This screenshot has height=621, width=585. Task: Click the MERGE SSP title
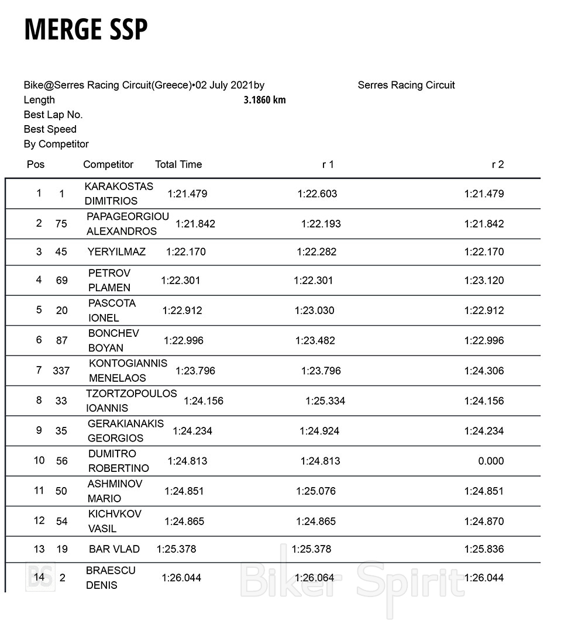pyautogui.click(x=85, y=30)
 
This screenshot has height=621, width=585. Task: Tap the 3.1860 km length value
pyautogui.click(x=264, y=100)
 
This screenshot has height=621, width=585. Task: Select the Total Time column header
pyautogui.click(x=178, y=165)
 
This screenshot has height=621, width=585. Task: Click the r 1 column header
pyautogui.click(x=328, y=165)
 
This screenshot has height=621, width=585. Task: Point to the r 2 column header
pyautogui.click(x=497, y=165)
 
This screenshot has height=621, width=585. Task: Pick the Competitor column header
pyautogui.click(x=108, y=165)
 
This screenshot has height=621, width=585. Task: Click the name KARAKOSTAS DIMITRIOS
pyautogui.click(x=119, y=194)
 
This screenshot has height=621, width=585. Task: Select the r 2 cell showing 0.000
pyautogui.click(x=490, y=461)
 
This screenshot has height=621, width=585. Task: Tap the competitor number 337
pyautogui.click(x=61, y=371)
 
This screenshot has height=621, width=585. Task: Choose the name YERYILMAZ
pyautogui.click(x=116, y=252)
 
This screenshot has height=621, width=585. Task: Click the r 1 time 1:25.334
pyautogui.click(x=325, y=401)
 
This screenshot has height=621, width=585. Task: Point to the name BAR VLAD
pyautogui.click(x=114, y=549)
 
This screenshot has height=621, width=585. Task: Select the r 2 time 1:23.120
pyautogui.click(x=484, y=281)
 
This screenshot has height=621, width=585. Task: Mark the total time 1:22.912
pyautogui.click(x=182, y=310)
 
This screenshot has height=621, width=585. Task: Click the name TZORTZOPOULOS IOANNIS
pyautogui.click(x=131, y=401)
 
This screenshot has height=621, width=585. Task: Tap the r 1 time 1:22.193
pyautogui.click(x=321, y=224)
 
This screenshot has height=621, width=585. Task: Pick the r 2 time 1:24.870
pyautogui.click(x=484, y=521)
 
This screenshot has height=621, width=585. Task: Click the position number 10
pyautogui.click(x=39, y=460)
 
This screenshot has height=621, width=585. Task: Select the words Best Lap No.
pyautogui.click(x=53, y=115)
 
